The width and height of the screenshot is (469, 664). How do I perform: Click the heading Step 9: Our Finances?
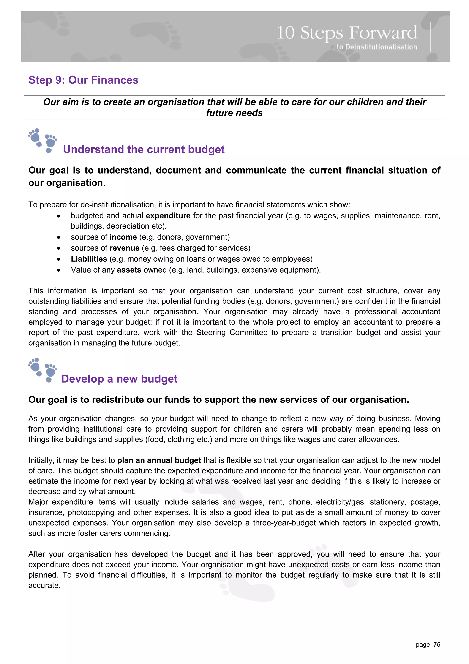[x=83, y=80]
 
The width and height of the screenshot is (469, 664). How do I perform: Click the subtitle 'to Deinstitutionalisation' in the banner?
[x=376, y=47]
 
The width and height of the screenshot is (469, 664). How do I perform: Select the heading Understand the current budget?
[x=144, y=149]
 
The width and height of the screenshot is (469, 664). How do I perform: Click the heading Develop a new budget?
[x=119, y=379]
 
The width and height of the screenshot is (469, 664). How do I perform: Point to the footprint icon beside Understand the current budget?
[x=42, y=141]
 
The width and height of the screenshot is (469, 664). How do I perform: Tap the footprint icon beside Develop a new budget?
[x=42, y=370]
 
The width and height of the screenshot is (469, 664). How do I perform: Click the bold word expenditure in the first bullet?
[x=168, y=216]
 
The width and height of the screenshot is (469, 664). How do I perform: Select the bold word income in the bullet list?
[x=123, y=237]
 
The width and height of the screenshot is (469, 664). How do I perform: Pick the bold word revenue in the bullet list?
[x=124, y=248]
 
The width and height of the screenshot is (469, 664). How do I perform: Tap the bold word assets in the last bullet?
[x=129, y=270]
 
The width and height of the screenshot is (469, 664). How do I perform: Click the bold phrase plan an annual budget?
[x=159, y=460]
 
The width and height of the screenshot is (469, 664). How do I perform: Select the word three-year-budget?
[x=284, y=523]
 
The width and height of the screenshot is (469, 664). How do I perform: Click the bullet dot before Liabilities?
[x=59, y=259]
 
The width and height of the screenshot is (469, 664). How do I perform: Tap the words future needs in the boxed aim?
[x=234, y=113]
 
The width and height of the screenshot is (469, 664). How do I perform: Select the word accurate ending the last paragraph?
[x=44, y=586]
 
